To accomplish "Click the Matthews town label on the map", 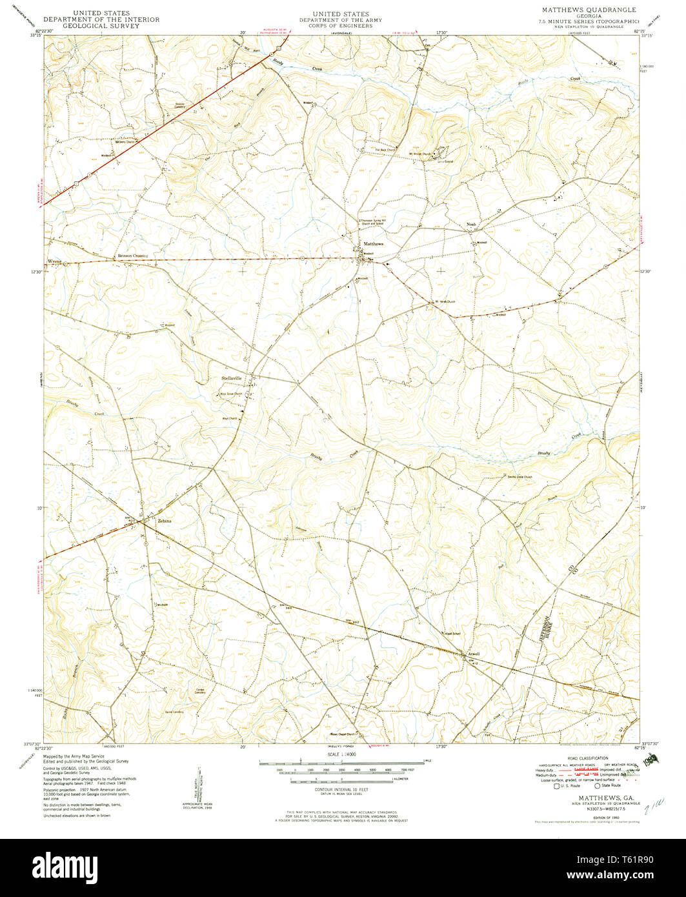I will coord(373,243).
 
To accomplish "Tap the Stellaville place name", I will coord(232,378).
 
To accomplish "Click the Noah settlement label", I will coord(471,225).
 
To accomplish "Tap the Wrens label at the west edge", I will coord(54,261).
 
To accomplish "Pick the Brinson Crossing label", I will coord(132,256).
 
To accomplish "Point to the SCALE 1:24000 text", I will coord(342,753).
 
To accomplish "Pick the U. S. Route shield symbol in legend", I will coord(556,785).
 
